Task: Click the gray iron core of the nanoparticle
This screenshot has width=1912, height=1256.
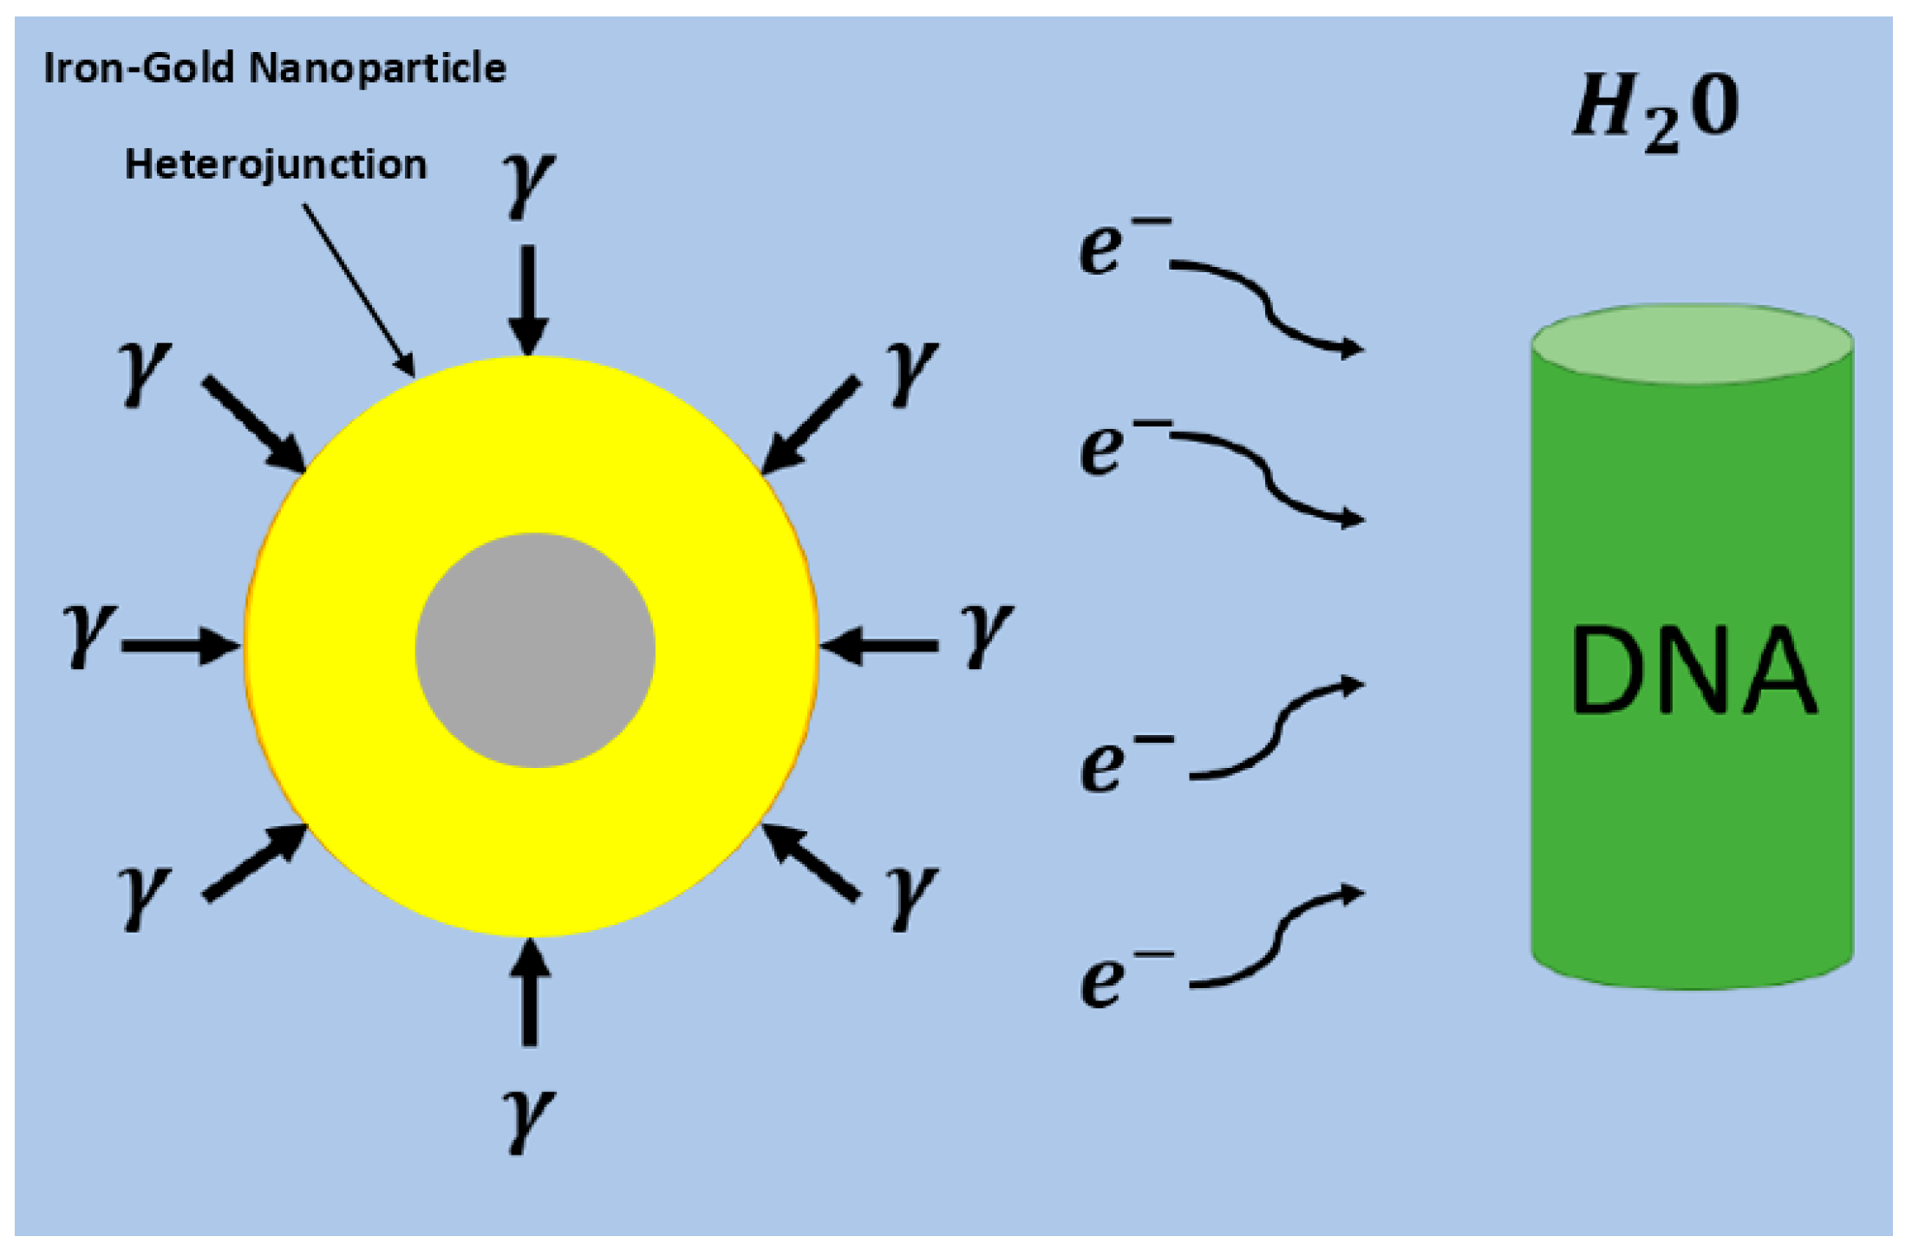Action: (x=534, y=650)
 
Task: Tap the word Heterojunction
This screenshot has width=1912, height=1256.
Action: (x=276, y=165)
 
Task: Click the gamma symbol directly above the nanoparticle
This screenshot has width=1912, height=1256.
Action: (x=528, y=184)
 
